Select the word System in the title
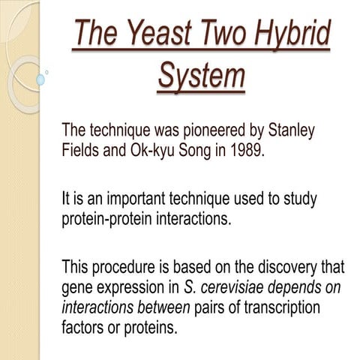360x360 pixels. coord(202,76)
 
